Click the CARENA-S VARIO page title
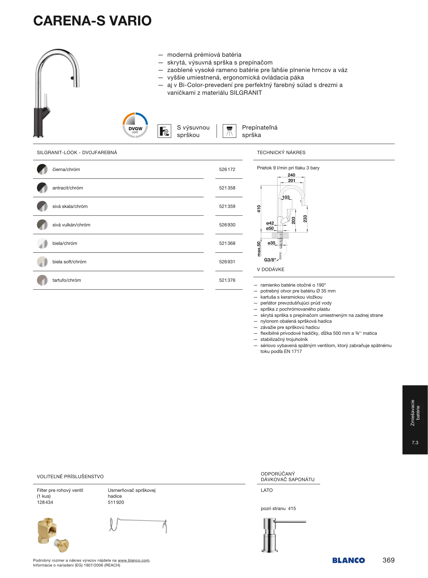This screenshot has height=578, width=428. [92, 21]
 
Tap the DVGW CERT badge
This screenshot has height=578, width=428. [135, 125]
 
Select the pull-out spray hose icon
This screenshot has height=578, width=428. [164, 131]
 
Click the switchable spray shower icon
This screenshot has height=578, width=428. [229, 131]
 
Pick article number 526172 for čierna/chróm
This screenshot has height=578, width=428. [227, 169]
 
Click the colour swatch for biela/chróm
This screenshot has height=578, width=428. [42, 243]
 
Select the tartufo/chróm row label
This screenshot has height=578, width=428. [67, 280]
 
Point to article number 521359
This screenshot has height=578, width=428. [227, 206]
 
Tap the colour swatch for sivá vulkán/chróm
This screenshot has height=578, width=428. [42, 225]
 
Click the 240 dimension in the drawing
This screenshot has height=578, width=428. [291, 175]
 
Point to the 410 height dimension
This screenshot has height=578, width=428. [259, 209]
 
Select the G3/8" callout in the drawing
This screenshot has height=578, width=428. [270, 260]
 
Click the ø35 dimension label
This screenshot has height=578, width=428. [271, 243]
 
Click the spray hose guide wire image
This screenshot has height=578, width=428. [138, 525]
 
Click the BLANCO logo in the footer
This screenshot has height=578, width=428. [348, 560]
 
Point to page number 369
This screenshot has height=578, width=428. [388, 560]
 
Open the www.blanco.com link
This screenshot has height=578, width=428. [133, 560]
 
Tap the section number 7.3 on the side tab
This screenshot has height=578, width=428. [415, 443]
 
